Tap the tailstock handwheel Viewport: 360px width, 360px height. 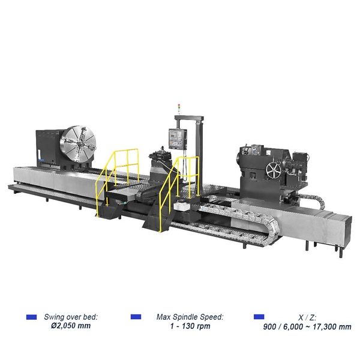(x=274, y=170)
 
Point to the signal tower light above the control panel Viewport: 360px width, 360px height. (x=177, y=107)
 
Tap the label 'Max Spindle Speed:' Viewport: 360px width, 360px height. (x=189, y=316)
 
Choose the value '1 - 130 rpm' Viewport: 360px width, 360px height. (x=189, y=326)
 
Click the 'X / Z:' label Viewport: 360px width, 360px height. (x=307, y=316)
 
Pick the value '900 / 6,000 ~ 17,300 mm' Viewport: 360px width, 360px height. (x=307, y=326)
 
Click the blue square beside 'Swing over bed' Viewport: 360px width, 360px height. (x=32, y=316)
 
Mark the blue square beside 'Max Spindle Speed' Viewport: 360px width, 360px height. (x=136, y=316)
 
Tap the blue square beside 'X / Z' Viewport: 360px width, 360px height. (x=259, y=316)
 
